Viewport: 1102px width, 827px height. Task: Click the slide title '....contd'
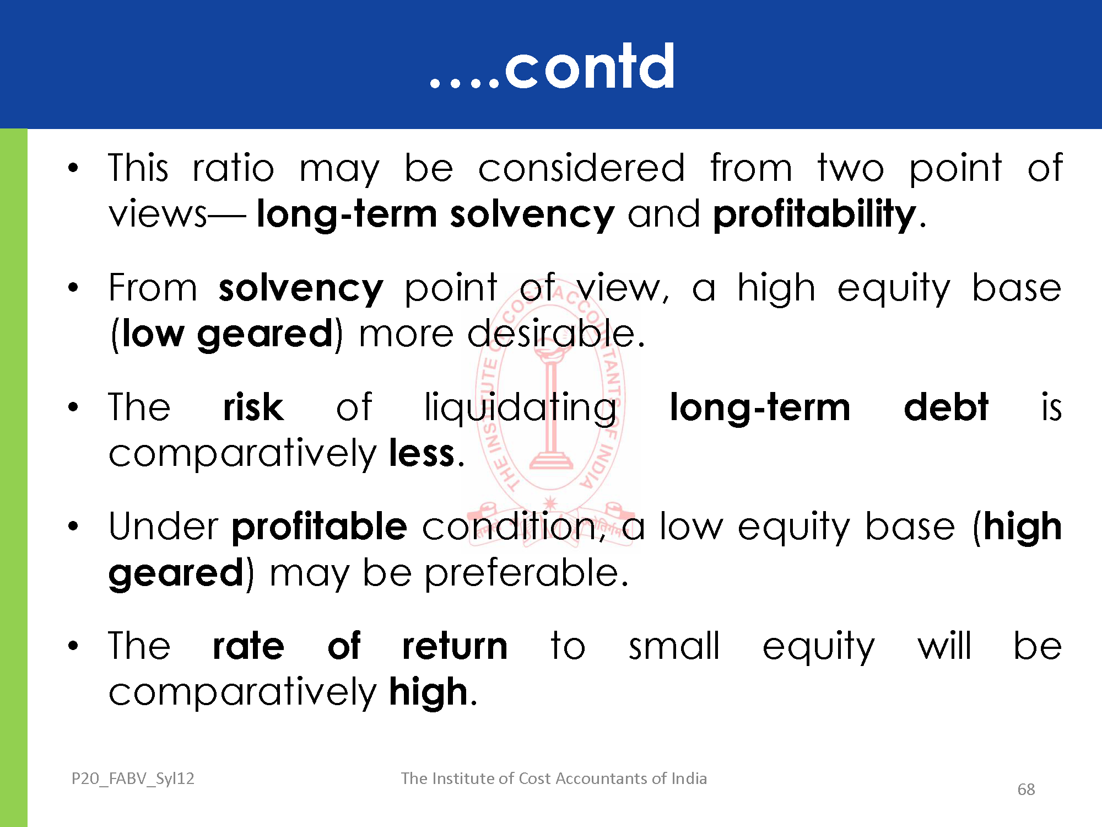(x=552, y=67)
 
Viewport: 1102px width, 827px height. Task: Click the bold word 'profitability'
(x=814, y=215)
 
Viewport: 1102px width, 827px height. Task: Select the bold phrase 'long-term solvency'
(x=435, y=215)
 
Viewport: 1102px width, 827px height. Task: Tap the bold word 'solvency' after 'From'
(x=301, y=289)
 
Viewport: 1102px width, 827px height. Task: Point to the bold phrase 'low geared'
(x=228, y=335)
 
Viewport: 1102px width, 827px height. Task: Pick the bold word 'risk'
(x=253, y=407)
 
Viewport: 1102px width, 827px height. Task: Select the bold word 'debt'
(x=946, y=407)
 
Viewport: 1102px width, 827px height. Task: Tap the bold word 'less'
(x=422, y=454)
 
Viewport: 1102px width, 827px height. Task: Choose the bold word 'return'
(x=455, y=646)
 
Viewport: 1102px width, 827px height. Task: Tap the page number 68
(x=1026, y=790)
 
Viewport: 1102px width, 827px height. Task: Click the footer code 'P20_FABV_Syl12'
(x=133, y=778)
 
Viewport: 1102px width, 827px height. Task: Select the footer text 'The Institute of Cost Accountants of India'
(x=554, y=778)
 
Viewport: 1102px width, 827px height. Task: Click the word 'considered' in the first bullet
(x=581, y=168)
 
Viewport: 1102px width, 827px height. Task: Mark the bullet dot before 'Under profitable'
(x=73, y=527)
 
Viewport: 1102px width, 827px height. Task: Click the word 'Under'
(x=163, y=527)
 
